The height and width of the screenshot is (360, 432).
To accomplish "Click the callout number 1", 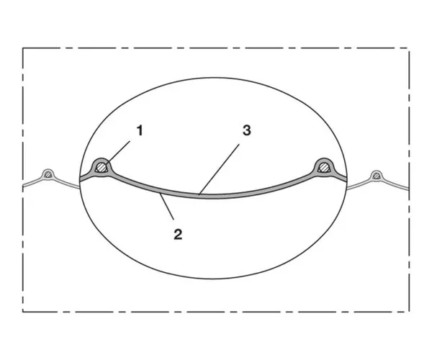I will click(x=140, y=130).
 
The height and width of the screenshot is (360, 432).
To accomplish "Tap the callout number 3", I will click(x=246, y=130).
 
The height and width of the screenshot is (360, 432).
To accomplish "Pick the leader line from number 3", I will click(x=223, y=162).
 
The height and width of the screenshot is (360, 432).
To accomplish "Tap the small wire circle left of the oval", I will click(x=48, y=174).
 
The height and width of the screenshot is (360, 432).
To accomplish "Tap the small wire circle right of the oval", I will click(x=377, y=175).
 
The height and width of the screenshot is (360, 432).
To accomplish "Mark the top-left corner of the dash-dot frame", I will click(x=23, y=48).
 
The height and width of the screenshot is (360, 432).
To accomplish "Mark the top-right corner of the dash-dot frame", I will click(x=410, y=48).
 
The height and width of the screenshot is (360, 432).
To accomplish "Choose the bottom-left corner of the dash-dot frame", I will click(x=23, y=311).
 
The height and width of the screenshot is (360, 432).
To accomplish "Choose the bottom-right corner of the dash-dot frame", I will click(x=410, y=311).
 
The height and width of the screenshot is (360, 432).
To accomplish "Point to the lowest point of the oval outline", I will click(x=214, y=279).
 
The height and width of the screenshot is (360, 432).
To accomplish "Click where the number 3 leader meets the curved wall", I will click(x=200, y=194).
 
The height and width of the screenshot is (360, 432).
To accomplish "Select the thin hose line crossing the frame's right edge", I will click(x=410, y=189).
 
